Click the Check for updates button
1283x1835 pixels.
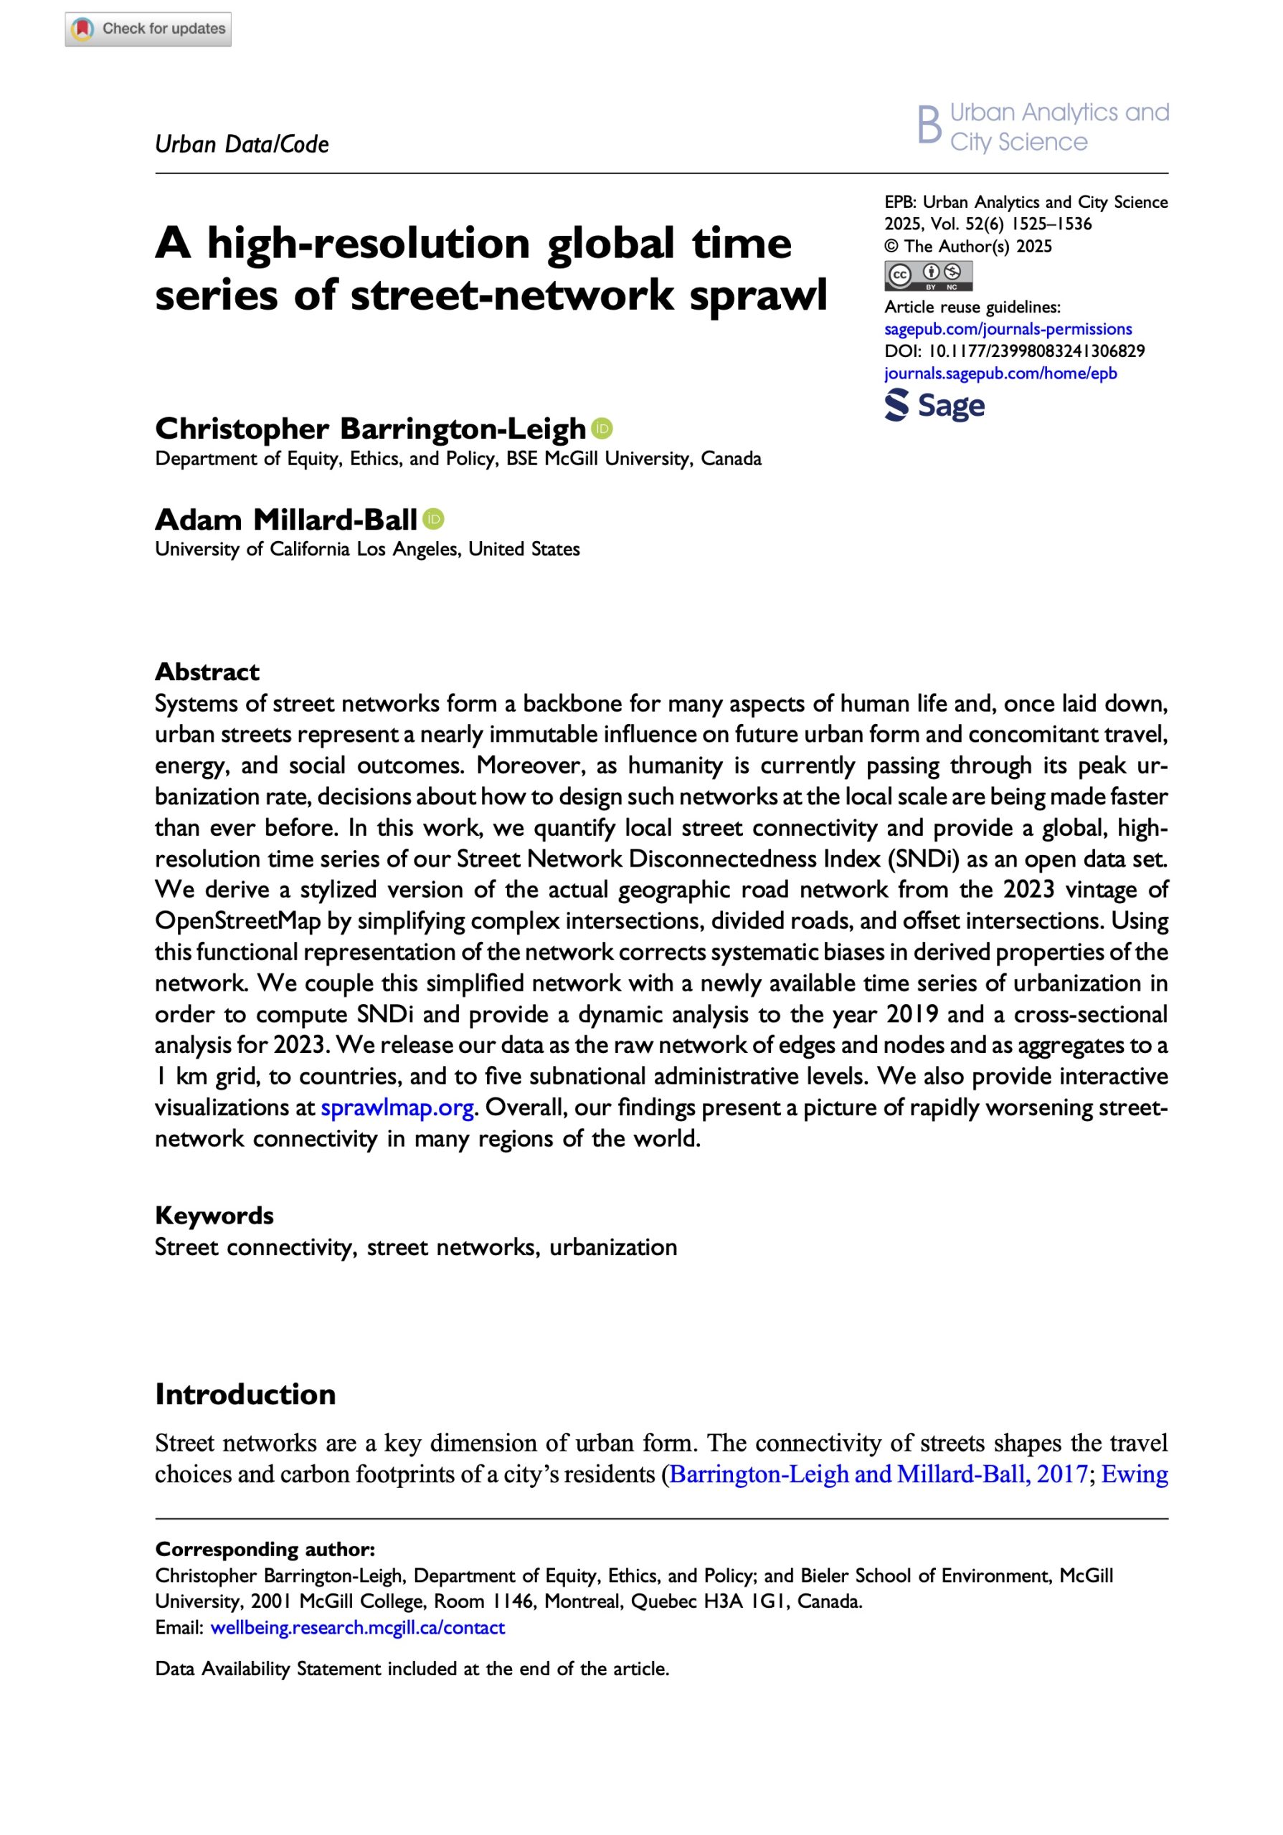point(148,29)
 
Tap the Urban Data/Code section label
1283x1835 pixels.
point(242,145)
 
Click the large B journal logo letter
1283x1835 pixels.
point(929,125)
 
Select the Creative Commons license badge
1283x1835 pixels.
point(927,275)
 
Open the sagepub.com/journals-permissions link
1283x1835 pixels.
point(1007,328)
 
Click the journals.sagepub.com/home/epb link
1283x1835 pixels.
point(1000,373)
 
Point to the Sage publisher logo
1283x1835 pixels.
point(934,405)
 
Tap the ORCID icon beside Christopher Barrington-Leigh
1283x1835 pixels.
point(602,429)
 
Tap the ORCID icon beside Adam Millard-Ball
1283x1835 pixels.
point(433,520)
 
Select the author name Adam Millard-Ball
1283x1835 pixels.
point(285,520)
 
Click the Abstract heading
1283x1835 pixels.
point(207,672)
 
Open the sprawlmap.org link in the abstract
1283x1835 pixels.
point(397,1107)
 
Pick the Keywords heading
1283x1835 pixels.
point(214,1215)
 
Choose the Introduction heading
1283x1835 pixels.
point(245,1394)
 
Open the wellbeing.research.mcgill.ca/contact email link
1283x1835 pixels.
point(357,1627)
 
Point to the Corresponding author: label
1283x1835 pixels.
point(265,1549)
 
